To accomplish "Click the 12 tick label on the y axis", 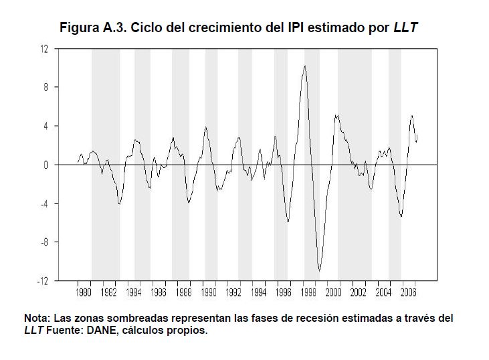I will [x=45, y=49].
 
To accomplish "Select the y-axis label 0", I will [x=47, y=165].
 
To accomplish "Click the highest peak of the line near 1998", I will [x=305, y=66].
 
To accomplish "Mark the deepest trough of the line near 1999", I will [x=320, y=270].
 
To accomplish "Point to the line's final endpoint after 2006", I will [x=417, y=141].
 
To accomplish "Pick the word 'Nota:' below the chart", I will [x=37, y=319].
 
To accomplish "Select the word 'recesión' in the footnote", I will [x=321, y=319].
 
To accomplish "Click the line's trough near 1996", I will [x=288, y=221].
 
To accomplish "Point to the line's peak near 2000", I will [x=336, y=115].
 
